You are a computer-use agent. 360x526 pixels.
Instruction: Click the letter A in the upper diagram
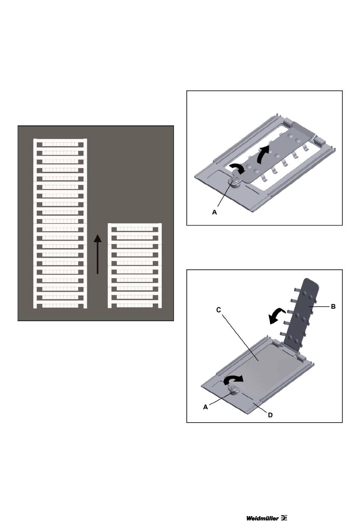[x=214, y=212]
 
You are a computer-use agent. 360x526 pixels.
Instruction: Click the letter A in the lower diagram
[x=205, y=407]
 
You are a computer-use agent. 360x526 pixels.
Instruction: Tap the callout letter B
[x=333, y=307]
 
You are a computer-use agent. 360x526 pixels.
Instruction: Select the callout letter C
[x=218, y=310]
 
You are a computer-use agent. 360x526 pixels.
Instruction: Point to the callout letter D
[x=270, y=415]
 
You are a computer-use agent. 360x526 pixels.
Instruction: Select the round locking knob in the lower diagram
[x=234, y=390]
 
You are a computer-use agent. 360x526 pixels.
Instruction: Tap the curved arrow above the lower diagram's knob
[x=233, y=379]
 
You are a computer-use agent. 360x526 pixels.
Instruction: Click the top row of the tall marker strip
[x=60, y=144]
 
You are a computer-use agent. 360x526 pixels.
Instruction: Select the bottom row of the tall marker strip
[x=60, y=306]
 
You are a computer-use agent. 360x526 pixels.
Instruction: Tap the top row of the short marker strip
[x=135, y=229]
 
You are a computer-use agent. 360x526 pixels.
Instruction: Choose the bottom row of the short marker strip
[x=135, y=305]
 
